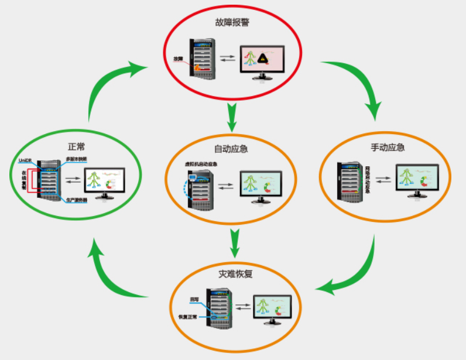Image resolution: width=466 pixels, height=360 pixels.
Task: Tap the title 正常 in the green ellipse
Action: coord(77,146)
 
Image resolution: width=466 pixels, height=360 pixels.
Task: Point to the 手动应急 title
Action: coord(388,148)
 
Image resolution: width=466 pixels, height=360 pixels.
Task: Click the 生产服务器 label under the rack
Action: coord(77,200)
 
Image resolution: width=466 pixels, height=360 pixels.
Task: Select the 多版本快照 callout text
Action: coord(77,159)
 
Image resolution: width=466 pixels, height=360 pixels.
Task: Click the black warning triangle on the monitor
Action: coord(265,57)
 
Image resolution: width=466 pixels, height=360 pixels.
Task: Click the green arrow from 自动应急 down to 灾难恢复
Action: coord(235,242)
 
